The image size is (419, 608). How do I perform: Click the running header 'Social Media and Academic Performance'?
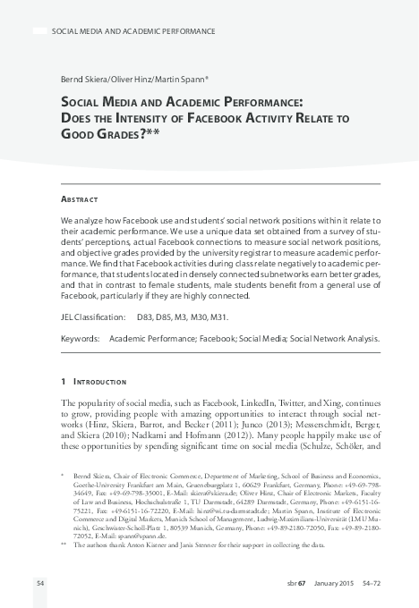coord(134,31)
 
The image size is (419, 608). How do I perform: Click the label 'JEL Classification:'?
coord(92,317)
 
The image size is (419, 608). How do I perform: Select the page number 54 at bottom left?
coord(40,582)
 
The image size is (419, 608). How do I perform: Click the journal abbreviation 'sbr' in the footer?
coord(286,582)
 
